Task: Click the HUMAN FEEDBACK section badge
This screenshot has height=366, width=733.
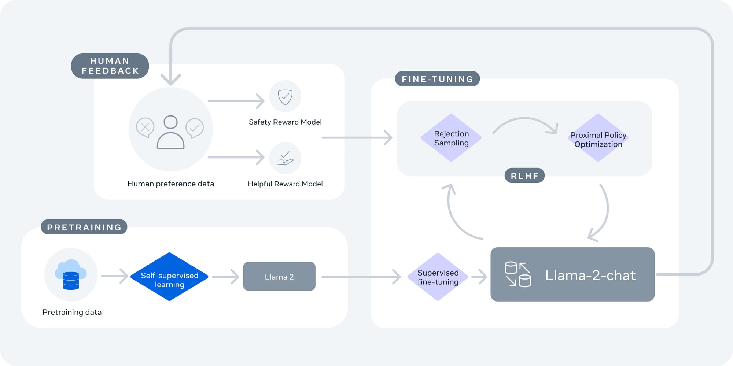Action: pos(110,66)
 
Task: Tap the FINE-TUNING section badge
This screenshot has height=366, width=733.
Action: pos(437,79)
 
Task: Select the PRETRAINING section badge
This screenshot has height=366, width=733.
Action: pos(84,227)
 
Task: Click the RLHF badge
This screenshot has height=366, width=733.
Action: pos(524,176)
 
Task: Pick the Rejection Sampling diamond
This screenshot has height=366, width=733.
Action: pos(451,138)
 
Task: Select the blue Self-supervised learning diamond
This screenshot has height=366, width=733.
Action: pos(169,277)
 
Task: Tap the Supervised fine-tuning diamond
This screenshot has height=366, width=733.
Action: pos(438,277)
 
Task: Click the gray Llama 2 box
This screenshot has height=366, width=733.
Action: pos(279,277)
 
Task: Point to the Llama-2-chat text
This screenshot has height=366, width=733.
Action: pos(590,275)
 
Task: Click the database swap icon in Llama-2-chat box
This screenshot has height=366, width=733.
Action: pos(517,274)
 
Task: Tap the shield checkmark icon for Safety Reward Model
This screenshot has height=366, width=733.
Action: pos(285,97)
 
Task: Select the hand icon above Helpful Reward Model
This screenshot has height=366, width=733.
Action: pos(285,159)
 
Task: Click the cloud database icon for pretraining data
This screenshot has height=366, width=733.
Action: pos(71,275)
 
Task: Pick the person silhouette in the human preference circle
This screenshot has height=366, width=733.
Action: pos(170,133)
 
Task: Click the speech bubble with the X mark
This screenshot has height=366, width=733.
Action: pos(145,127)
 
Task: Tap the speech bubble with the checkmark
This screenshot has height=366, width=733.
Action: pos(195,128)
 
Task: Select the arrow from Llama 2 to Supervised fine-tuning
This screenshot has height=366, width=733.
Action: pos(361,277)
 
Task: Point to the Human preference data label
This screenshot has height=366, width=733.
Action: pos(170,184)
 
